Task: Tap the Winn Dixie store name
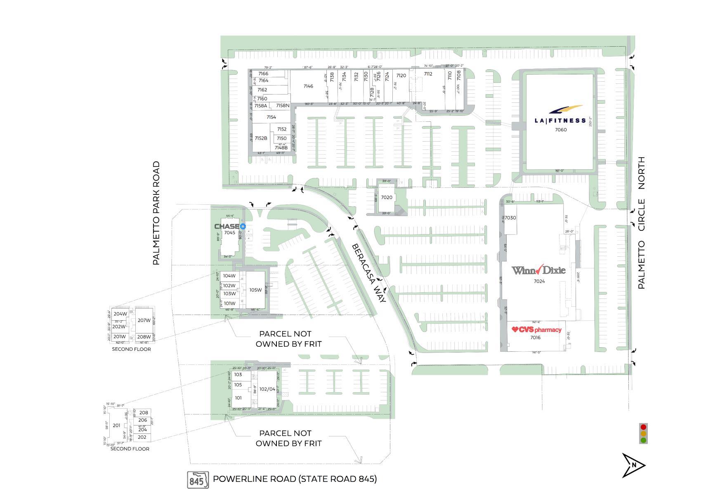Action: [538, 270]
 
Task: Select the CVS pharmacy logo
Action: [536, 329]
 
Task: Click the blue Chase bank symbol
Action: [243, 226]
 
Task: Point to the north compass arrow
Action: [633, 465]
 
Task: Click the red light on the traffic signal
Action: [643, 426]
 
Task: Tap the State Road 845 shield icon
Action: [198, 480]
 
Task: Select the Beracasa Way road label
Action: [368, 273]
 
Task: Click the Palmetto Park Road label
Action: [156, 213]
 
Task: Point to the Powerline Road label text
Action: [295, 479]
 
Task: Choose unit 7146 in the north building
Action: [308, 86]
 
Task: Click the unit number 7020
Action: [387, 197]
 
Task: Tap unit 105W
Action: [255, 290]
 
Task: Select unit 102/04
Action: [267, 389]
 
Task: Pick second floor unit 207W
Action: [144, 320]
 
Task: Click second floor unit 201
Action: [116, 426]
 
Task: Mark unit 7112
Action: [428, 74]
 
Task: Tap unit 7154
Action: [271, 117]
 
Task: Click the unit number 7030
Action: [510, 218]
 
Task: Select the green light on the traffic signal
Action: [643, 440]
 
